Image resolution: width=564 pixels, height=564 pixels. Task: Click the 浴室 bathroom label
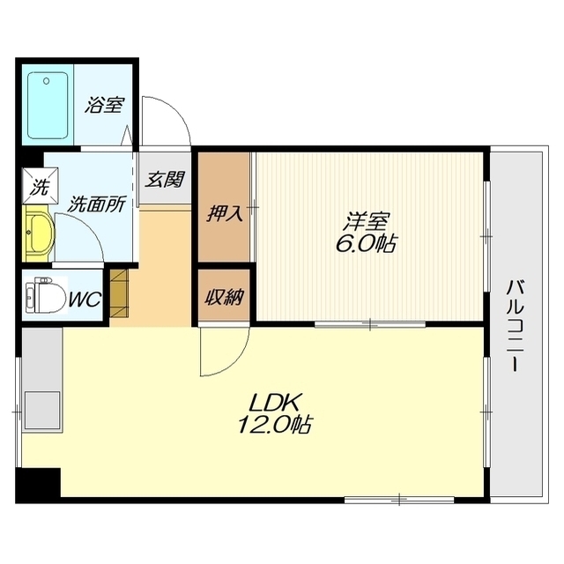(x=104, y=106)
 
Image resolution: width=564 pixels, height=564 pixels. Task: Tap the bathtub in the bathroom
(x=48, y=106)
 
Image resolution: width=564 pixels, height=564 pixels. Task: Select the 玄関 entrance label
(x=165, y=179)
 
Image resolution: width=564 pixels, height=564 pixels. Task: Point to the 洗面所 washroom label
(x=97, y=204)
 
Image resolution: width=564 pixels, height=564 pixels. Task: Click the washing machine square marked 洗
(x=40, y=186)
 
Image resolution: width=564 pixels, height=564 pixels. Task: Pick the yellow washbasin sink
(x=39, y=233)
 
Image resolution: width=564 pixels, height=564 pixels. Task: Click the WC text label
(x=85, y=300)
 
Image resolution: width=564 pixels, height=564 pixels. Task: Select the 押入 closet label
(x=225, y=213)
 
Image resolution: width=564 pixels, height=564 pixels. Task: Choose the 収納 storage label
(x=224, y=297)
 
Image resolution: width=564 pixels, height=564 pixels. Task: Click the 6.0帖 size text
(x=366, y=245)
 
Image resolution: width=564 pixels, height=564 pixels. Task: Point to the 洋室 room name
(x=367, y=222)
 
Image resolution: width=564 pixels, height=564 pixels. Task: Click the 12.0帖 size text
(x=274, y=426)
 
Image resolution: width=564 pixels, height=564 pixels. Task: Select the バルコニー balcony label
(x=516, y=326)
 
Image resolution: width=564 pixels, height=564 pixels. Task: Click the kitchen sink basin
(x=41, y=410)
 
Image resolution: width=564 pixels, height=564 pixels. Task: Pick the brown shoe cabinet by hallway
(x=119, y=293)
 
